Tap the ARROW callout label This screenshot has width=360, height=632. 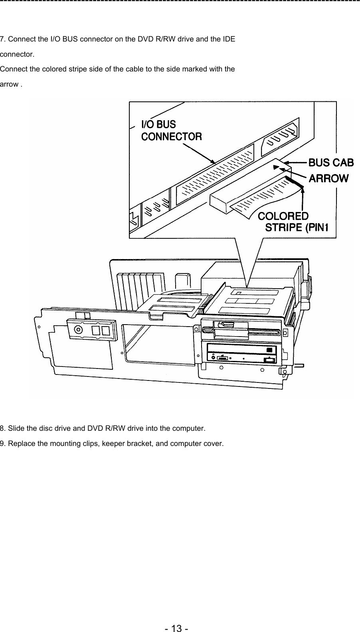click(329, 178)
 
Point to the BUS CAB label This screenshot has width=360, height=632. click(331, 162)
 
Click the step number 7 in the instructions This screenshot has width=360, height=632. click(2, 40)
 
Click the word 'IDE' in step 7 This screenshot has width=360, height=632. click(229, 40)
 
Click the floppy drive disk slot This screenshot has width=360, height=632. click(243, 330)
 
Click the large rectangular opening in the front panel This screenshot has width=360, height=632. click(158, 343)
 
